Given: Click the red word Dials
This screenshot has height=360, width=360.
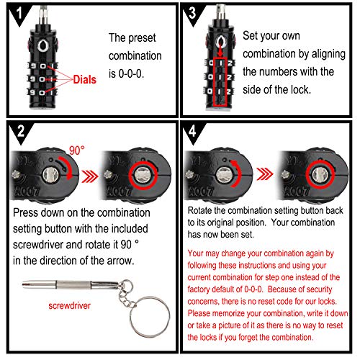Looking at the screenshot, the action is coord(84,79).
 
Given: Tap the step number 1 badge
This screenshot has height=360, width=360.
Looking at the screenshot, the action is coord(19,14).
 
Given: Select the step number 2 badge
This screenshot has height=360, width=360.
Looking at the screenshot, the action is coord(21,131).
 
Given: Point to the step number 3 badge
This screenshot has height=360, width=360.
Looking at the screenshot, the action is coord(193,14).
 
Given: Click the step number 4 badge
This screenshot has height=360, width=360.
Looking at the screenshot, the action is coord(193,132).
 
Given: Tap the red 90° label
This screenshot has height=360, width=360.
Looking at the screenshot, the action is coord(77,150).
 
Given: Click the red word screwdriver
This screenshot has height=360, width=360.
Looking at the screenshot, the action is coord(69,306).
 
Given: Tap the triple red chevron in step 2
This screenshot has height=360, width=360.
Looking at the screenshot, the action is coord(90,176).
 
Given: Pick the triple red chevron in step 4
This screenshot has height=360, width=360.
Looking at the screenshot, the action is coord(265,174).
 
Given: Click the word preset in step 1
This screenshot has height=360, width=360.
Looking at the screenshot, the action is coord(142,38).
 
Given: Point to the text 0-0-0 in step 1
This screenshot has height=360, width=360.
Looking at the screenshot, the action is coord(131,73).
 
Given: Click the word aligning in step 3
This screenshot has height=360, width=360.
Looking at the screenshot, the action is coord(328,54).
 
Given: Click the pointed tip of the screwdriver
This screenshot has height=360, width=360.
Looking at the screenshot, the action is coord(23,284).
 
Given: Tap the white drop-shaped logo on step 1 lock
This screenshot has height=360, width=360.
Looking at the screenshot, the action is coord(43,45).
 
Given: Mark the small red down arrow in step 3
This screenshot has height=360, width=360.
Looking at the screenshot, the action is coord(220,52).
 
